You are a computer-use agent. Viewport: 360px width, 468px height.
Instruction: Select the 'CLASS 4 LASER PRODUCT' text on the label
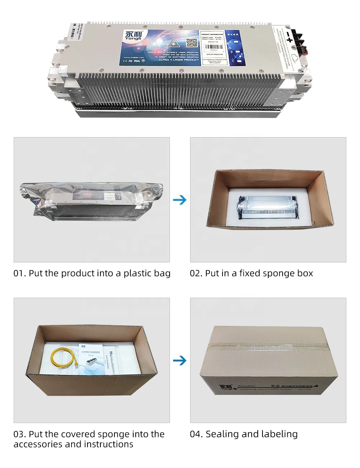click(179, 60)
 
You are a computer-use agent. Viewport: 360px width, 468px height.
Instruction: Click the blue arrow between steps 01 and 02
click(180, 200)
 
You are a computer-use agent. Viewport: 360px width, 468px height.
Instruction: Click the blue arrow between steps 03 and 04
click(180, 360)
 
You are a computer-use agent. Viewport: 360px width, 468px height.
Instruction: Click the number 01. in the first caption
click(19, 274)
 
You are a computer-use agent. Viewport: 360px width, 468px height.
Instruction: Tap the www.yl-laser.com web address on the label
click(134, 57)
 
